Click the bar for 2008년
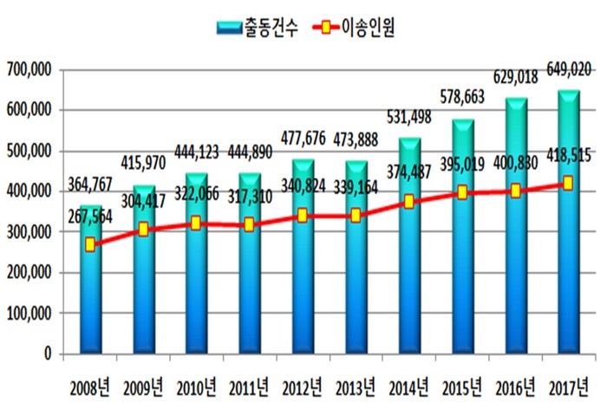(x=92, y=294)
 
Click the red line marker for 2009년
(x=145, y=230)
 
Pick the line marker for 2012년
(x=303, y=216)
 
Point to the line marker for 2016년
(x=515, y=191)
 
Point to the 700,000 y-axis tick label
(x=29, y=69)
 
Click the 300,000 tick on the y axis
(x=29, y=232)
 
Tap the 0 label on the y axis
(x=49, y=354)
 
